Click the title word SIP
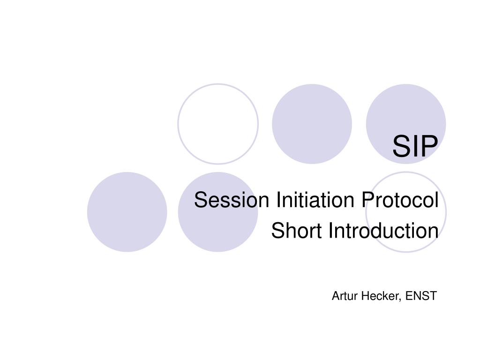pos(415,146)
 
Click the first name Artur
pos(344,296)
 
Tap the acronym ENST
pos(421,296)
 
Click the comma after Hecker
pos(402,299)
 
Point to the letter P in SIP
pos(429,146)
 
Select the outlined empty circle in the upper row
pos(218,124)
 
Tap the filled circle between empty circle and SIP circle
pos(312,124)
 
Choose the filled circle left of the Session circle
pos(127,212)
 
